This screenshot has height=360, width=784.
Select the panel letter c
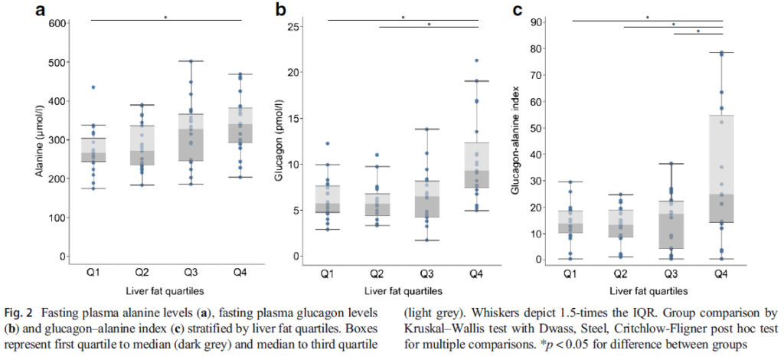click(x=518, y=10)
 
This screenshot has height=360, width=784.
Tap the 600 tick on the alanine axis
click(x=55, y=24)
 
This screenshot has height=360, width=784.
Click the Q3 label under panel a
click(x=191, y=273)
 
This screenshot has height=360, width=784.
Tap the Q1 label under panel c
click(x=570, y=273)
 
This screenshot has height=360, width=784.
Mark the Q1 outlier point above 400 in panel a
click(x=93, y=87)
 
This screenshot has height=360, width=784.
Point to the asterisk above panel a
click(x=165, y=17)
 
